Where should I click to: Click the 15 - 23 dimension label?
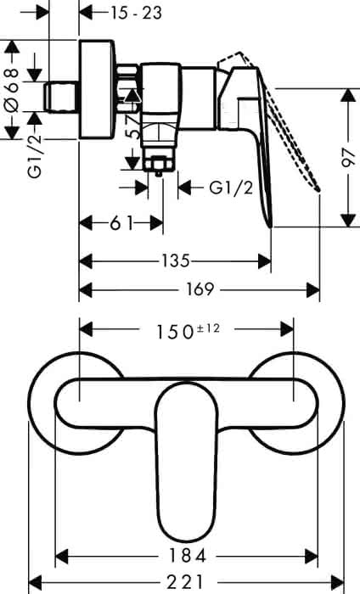pyautogui.click(x=137, y=14)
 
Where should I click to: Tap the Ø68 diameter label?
pyautogui.click(x=12, y=90)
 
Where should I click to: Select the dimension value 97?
pyautogui.click(x=348, y=158)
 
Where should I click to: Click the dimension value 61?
pyautogui.click(x=121, y=223)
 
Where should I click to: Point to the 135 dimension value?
pyautogui.click(x=176, y=261)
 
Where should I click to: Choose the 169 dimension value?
pyautogui.click(x=200, y=290)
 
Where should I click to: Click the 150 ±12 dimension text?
pyautogui.click(x=188, y=331)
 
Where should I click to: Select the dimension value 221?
pyautogui.click(x=185, y=582)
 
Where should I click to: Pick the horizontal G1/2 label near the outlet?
pyautogui.click(x=231, y=188)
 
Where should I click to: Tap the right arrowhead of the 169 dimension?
pyautogui.click(x=313, y=290)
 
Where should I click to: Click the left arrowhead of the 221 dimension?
pyautogui.click(x=36, y=581)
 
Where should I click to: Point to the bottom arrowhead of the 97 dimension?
pyautogui.click(x=348, y=221)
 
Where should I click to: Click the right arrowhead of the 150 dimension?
pyautogui.click(x=287, y=329)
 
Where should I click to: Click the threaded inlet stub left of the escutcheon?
pyautogui.click(x=62, y=97)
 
